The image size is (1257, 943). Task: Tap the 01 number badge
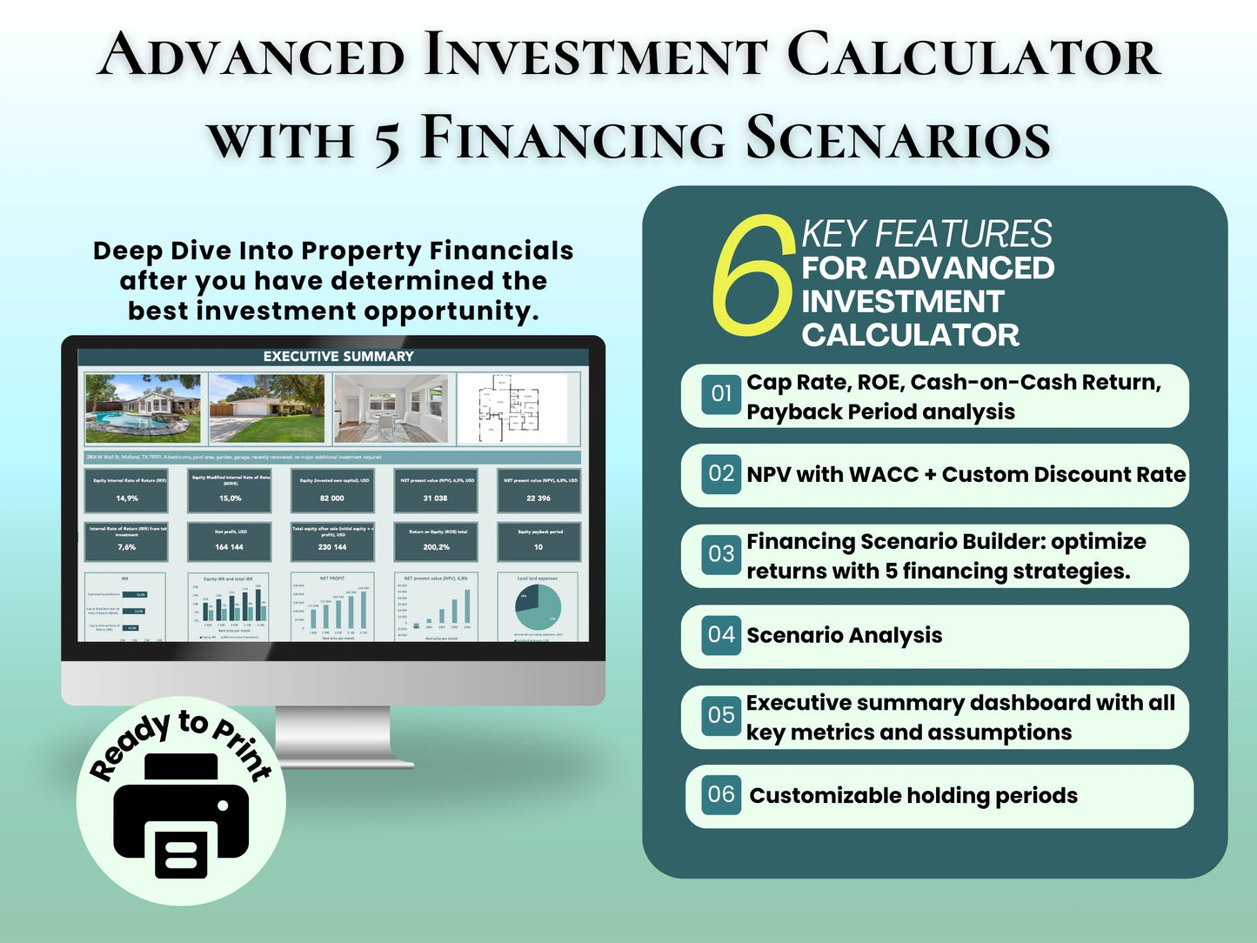tap(721, 394)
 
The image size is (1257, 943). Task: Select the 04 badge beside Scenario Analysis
tap(721, 634)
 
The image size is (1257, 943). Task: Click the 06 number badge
tap(721, 794)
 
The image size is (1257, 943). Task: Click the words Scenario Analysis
tap(844, 636)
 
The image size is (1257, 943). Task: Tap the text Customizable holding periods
tap(913, 796)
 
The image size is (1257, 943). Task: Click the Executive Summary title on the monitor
tap(338, 357)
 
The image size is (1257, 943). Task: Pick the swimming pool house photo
tap(143, 408)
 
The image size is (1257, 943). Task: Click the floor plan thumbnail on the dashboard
tap(513, 408)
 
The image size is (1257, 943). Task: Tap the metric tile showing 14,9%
tap(127, 492)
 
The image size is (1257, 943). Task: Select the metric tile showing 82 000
tap(332, 492)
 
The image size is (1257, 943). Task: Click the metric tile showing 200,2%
tap(436, 541)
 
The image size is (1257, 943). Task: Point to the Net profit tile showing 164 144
tap(230, 541)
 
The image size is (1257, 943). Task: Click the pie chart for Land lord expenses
tap(538, 606)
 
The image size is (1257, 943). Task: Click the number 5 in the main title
tap(388, 139)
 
